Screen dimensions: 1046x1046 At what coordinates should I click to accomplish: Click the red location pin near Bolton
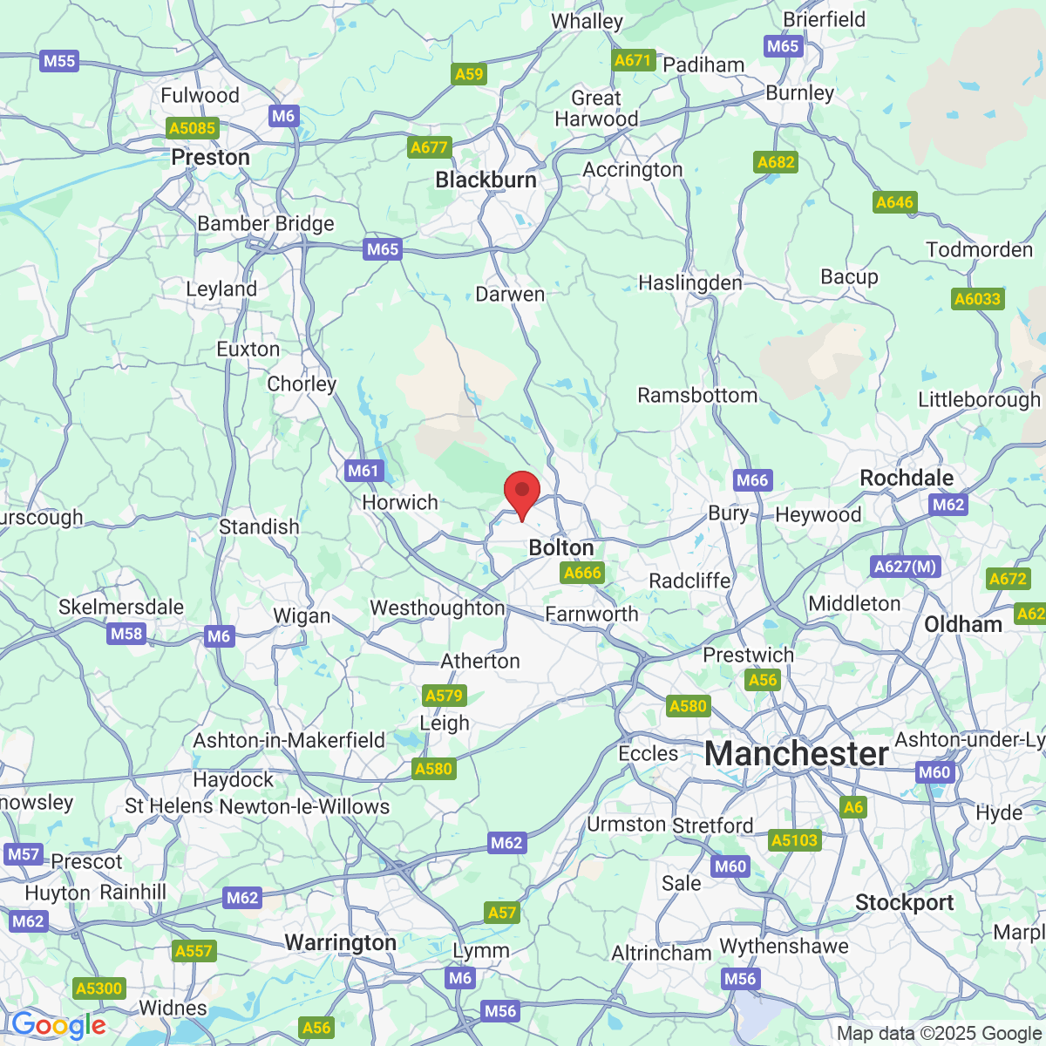522,493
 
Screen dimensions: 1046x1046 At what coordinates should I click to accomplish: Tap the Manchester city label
796,753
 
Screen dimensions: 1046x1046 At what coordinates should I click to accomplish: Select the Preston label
210,158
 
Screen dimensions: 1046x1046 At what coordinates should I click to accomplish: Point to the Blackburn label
486,180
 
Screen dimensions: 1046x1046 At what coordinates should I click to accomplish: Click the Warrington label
340,943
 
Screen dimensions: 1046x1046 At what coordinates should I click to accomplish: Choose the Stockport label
904,903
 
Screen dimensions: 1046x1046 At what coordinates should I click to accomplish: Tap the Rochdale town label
907,479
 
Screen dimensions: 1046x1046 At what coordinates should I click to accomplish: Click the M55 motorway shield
59,61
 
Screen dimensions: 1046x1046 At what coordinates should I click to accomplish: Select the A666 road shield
582,573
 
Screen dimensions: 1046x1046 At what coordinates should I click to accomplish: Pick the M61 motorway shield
363,471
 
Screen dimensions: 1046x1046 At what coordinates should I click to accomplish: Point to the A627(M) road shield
906,567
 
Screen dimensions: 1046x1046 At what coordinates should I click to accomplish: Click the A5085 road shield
192,129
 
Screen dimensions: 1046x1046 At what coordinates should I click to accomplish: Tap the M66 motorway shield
752,480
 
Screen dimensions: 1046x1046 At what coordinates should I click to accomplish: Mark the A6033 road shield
978,299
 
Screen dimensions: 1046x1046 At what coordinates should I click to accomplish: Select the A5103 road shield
795,840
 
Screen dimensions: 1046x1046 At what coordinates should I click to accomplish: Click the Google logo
58,1026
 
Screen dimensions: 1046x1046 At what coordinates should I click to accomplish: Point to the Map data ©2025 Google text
939,1034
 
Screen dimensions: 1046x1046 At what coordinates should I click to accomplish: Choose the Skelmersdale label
120,608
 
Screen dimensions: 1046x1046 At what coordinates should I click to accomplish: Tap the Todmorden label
979,250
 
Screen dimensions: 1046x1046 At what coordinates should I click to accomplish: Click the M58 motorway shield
126,634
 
